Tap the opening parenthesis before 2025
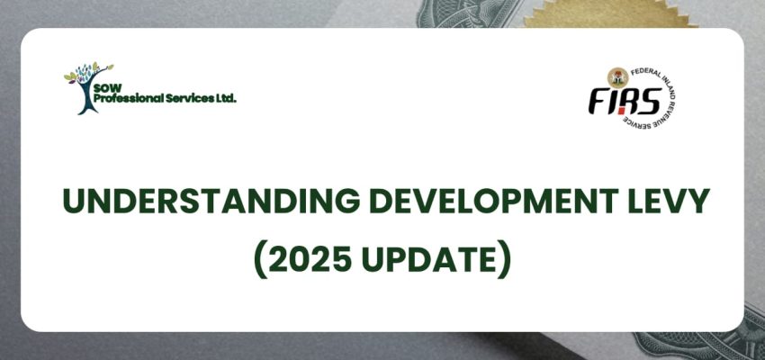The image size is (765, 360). (x=259, y=259)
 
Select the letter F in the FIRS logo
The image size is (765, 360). (x=598, y=103)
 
